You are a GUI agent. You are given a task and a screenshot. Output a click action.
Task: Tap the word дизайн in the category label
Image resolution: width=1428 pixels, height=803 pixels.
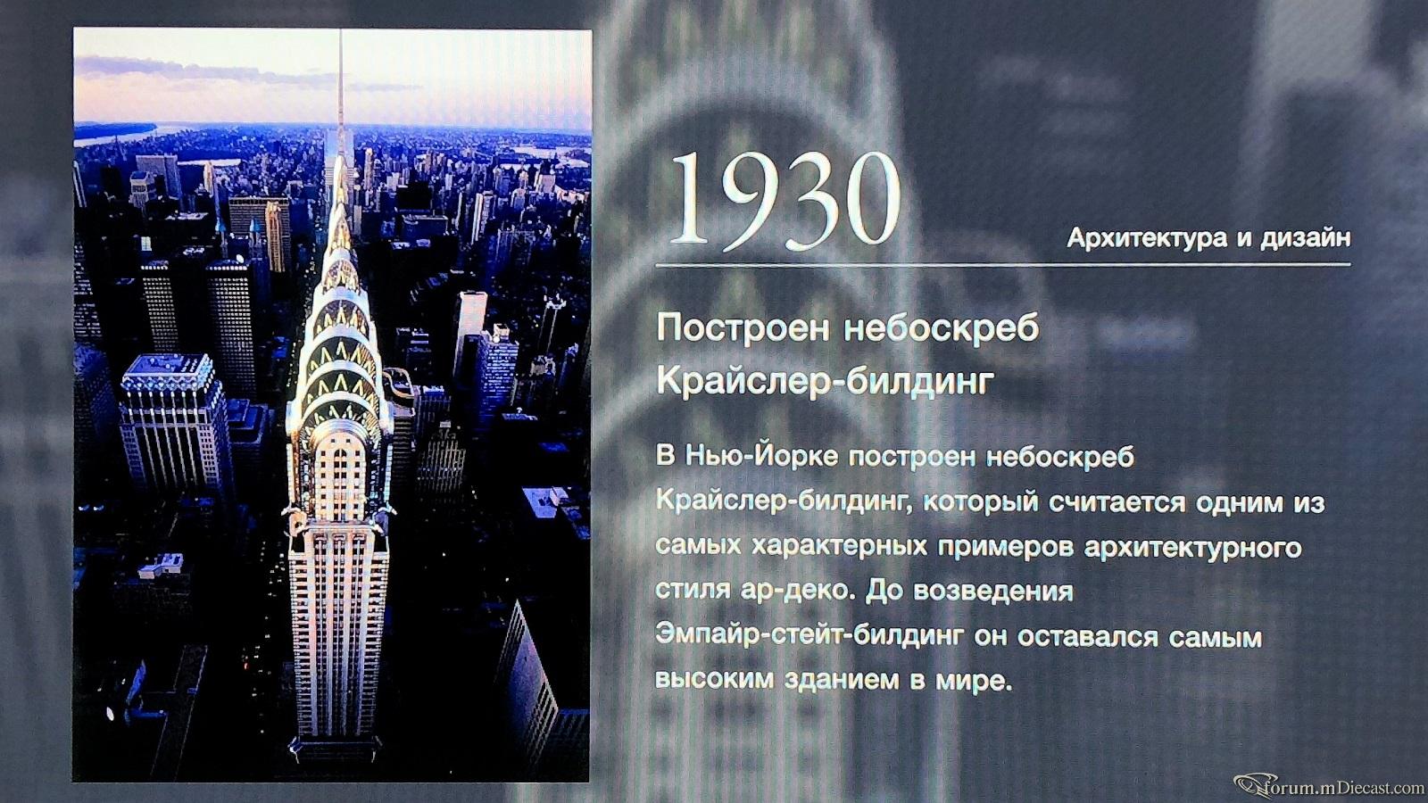[x=1305, y=237]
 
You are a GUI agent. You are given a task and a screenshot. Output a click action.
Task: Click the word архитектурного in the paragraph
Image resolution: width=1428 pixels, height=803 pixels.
[x=1192, y=548]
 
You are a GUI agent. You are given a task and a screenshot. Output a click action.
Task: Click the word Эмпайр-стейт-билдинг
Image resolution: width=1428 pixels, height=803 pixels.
[x=808, y=636]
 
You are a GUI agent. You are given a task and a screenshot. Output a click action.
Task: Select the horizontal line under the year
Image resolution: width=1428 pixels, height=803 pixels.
[x=1003, y=264]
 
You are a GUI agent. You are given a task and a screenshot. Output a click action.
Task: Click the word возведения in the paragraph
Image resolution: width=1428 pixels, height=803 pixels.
[x=993, y=591]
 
